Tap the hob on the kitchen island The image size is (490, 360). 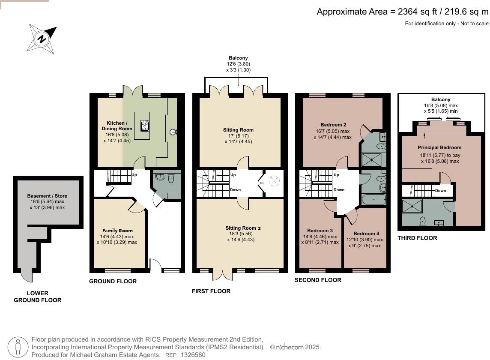pyautogui.click(x=144, y=126)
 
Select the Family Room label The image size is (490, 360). pyautogui.click(x=117, y=231)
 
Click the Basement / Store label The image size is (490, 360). pyautogui.click(x=47, y=196)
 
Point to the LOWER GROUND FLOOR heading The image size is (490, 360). pyautogui.click(x=38, y=297)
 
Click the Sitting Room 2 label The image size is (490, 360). pyautogui.click(x=243, y=228)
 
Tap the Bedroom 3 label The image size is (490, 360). pyautogui.click(x=320, y=231)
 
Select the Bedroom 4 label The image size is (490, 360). pyautogui.click(x=366, y=234)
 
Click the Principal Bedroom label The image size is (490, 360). pyautogui.click(x=439, y=147)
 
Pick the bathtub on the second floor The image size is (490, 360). pyautogui.click(x=374, y=199)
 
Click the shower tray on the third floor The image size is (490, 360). pyautogui.click(x=412, y=206)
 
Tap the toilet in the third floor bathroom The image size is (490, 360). pyautogui.click(x=423, y=221)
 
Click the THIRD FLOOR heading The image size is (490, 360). pyautogui.click(x=417, y=238)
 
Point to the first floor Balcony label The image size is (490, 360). pyautogui.click(x=238, y=58)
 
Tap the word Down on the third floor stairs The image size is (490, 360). pyautogui.click(x=441, y=190)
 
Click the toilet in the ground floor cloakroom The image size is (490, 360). pyautogui.click(x=171, y=179)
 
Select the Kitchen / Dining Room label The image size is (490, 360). pyautogui.click(x=117, y=126)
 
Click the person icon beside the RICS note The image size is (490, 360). pyautogui.click(x=18, y=347)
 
